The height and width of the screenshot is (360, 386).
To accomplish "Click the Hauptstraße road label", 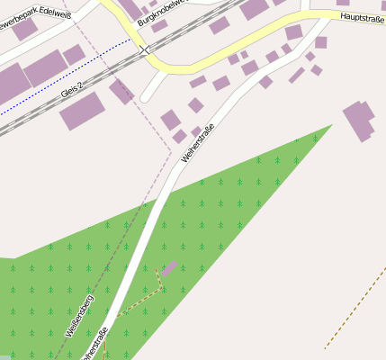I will coord(363,19).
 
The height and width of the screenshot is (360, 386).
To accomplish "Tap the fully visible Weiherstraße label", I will coord(198,141).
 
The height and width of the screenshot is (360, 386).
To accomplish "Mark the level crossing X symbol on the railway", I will coord(144,50).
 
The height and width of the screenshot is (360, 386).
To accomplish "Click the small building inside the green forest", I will coord(169,267).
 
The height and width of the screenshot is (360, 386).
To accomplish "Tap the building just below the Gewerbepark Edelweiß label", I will coord(24,30).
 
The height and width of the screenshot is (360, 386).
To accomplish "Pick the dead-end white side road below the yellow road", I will coord(151,87).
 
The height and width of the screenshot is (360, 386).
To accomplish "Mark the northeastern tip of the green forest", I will coord(329,127).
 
